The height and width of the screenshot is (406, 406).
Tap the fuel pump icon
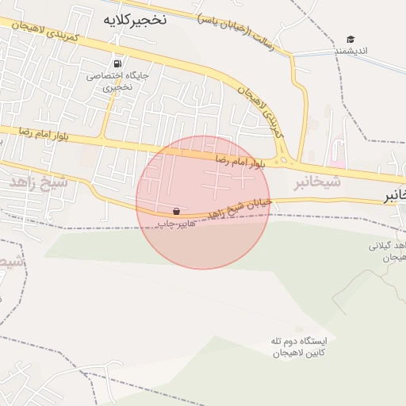[x=118, y=63]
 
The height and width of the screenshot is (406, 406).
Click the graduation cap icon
[x=350, y=40]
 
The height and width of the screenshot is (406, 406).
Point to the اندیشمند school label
[x=350, y=52]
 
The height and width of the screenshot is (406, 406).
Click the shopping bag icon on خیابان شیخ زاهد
[x=175, y=212]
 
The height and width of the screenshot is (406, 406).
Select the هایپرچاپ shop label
[x=174, y=225]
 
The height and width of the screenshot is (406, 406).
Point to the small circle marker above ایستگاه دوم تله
[x=299, y=328]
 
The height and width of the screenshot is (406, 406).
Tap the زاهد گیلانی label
[x=387, y=251]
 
